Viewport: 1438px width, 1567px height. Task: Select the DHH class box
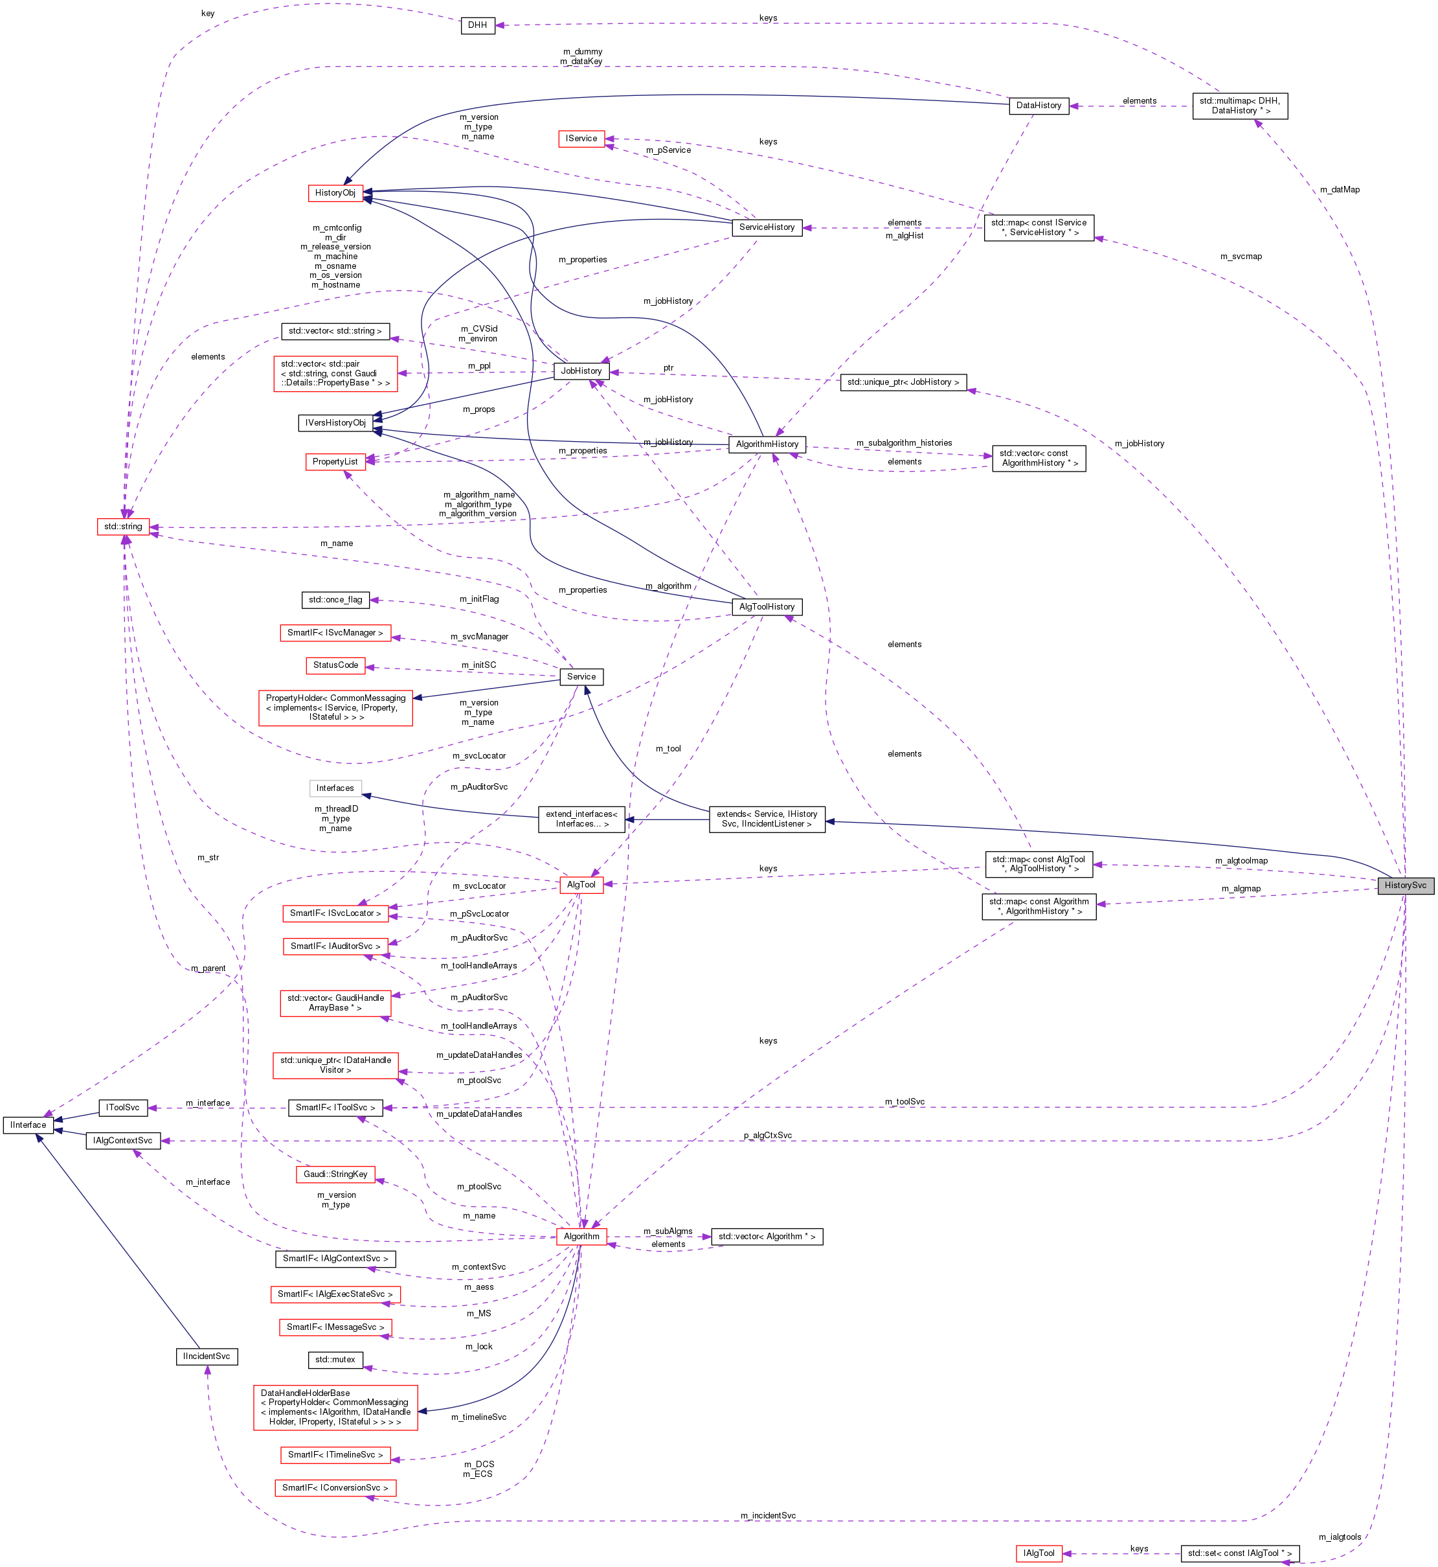[477, 25]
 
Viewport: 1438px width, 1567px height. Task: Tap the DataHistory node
[1038, 105]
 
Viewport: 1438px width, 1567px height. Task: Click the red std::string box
[123, 526]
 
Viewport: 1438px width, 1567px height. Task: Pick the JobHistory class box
[581, 371]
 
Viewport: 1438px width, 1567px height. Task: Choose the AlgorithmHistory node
[767, 444]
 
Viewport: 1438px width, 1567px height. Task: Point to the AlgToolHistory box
[767, 606]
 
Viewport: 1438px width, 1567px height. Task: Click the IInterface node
[28, 1125]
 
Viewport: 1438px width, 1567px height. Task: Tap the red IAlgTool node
[1038, 1553]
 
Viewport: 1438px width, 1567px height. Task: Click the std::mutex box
[335, 1359]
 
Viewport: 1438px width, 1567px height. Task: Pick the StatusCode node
[335, 665]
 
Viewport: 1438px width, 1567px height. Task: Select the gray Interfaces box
[335, 788]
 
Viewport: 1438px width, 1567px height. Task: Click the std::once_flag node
[335, 599]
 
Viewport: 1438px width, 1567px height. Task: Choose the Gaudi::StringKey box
[335, 1174]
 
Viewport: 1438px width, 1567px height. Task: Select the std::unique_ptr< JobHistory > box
[903, 382]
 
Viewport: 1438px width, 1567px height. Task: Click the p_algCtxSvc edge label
[767, 1135]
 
